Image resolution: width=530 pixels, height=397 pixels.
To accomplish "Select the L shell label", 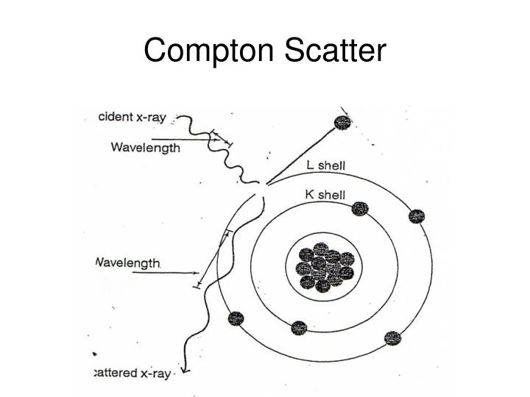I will pyautogui.click(x=325, y=166).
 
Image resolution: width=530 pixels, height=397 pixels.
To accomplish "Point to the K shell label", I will pyautogui.click(x=325, y=194).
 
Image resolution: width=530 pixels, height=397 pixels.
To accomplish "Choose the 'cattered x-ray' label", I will pyautogui.click(x=133, y=373).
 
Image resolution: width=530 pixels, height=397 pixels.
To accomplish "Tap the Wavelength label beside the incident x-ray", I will pyautogui.click(x=145, y=147).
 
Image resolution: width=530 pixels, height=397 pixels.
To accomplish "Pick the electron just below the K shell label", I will pyautogui.click(x=358, y=209).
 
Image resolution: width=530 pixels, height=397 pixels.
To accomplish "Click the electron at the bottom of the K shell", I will pyautogui.click(x=298, y=328).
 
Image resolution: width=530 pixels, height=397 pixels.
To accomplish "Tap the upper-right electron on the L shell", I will pyautogui.click(x=417, y=216).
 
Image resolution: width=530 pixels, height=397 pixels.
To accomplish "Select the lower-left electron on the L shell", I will pyautogui.click(x=236, y=319).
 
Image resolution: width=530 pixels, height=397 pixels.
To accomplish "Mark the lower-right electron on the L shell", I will pyautogui.click(x=393, y=338).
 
